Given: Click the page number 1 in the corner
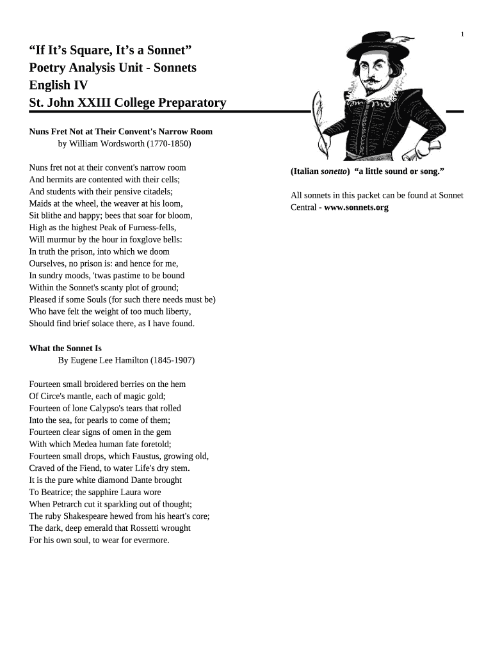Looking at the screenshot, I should click(x=462, y=34).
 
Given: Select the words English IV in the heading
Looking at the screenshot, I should click(x=58, y=85).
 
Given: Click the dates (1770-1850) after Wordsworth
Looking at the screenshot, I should click(x=168, y=144).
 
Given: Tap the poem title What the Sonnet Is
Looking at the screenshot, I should click(x=65, y=349).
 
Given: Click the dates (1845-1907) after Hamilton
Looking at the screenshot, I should click(x=173, y=361).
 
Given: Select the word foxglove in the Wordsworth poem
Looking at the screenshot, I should click(x=148, y=239).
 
